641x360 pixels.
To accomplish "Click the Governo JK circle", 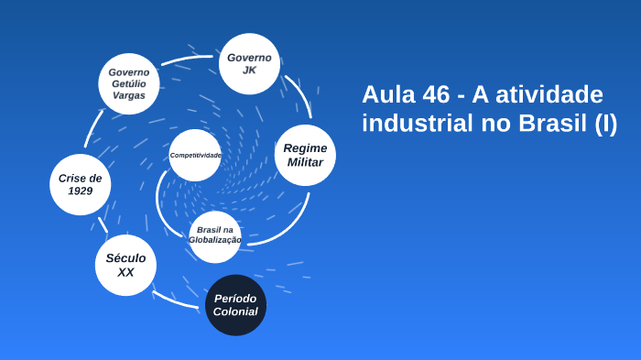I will click(x=249, y=64).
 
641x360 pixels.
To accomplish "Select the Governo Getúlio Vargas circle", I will click(x=129, y=83).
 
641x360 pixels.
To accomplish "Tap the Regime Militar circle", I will click(x=305, y=155).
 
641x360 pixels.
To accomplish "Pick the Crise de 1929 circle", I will click(x=80, y=184).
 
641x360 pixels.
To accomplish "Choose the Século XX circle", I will click(x=125, y=266).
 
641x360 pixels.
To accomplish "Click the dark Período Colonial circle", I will click(x=235, y=305).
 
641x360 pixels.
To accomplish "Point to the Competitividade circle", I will click(x=195, y=156).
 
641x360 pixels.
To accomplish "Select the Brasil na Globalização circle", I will click(x=215, y=235).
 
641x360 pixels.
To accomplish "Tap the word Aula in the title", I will click(x=388, y=94).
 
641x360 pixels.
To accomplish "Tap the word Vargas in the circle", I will click(x=129, y=95).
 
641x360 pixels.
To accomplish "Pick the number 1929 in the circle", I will click(x=80, y=191).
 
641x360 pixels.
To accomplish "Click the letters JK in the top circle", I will click(x=249, y=71).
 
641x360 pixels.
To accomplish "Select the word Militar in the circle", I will click(x=305, y=162).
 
